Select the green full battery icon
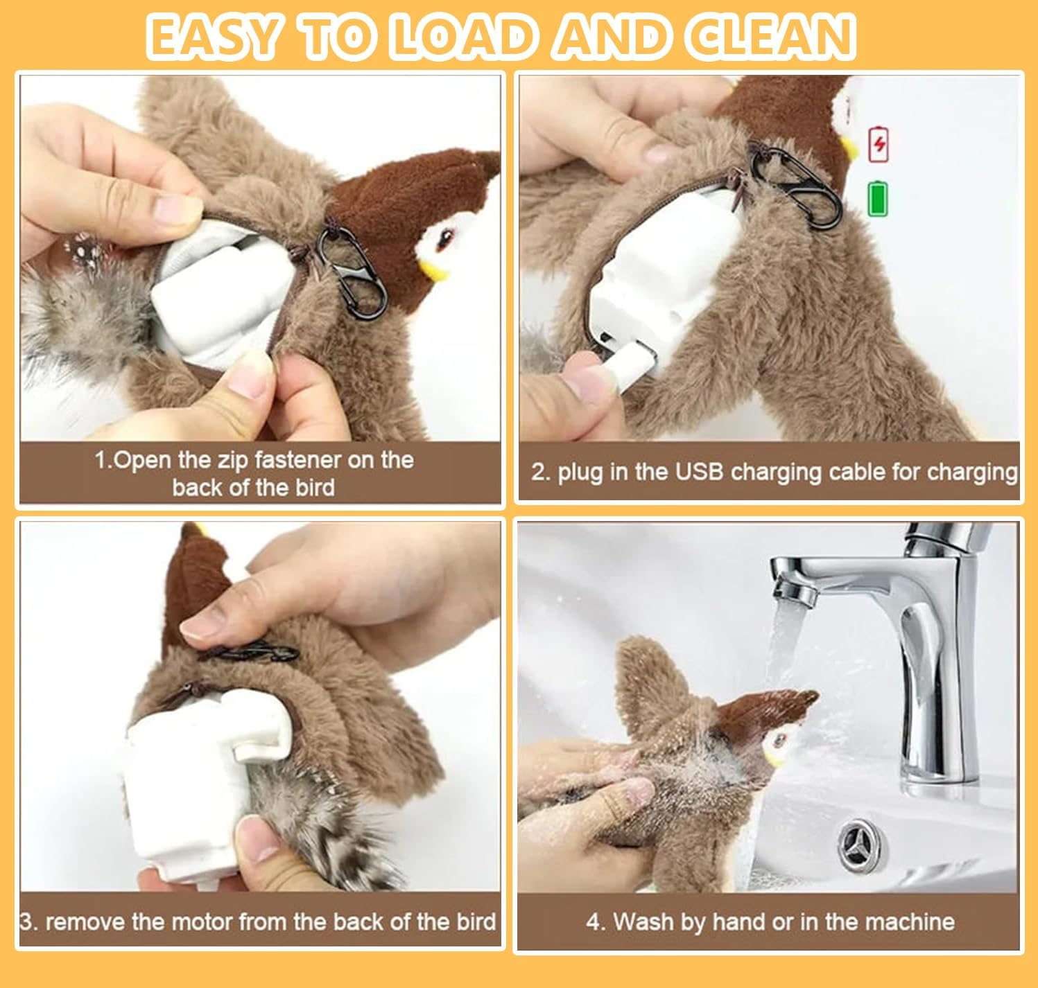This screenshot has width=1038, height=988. click(x=878, y=198)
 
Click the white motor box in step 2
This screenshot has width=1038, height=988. click(x=659, y=284)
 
